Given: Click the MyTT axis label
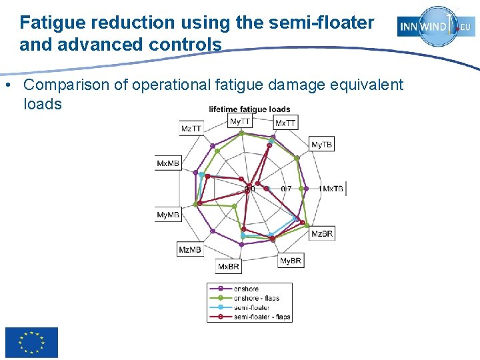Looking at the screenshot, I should [x=240, y=121].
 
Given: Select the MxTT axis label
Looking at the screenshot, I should [x=286, y=123].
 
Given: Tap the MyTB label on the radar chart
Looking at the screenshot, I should [x=322, y=145].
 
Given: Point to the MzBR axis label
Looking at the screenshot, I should [x=322, y=233].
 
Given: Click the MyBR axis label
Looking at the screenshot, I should [x=291, y=260].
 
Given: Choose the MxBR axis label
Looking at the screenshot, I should [x=228, y=267].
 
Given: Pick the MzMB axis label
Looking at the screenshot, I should [x=190, y=249].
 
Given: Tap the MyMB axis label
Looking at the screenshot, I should [x=168, y=215].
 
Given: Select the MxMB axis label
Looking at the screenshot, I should [x=168, y=163].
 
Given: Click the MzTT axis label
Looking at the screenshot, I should [x=191, y=128].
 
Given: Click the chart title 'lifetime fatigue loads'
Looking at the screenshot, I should [x=249, y=109].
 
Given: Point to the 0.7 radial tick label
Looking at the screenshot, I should [x=286, y=189].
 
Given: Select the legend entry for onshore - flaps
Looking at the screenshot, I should [x=257, y=298].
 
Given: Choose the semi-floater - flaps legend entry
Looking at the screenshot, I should [x=262, y=317].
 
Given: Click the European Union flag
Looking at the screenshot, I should [x=31, y=343].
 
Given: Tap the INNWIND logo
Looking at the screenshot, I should [x=436, y=26].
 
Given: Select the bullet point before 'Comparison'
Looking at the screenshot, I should [x=7, y=85].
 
